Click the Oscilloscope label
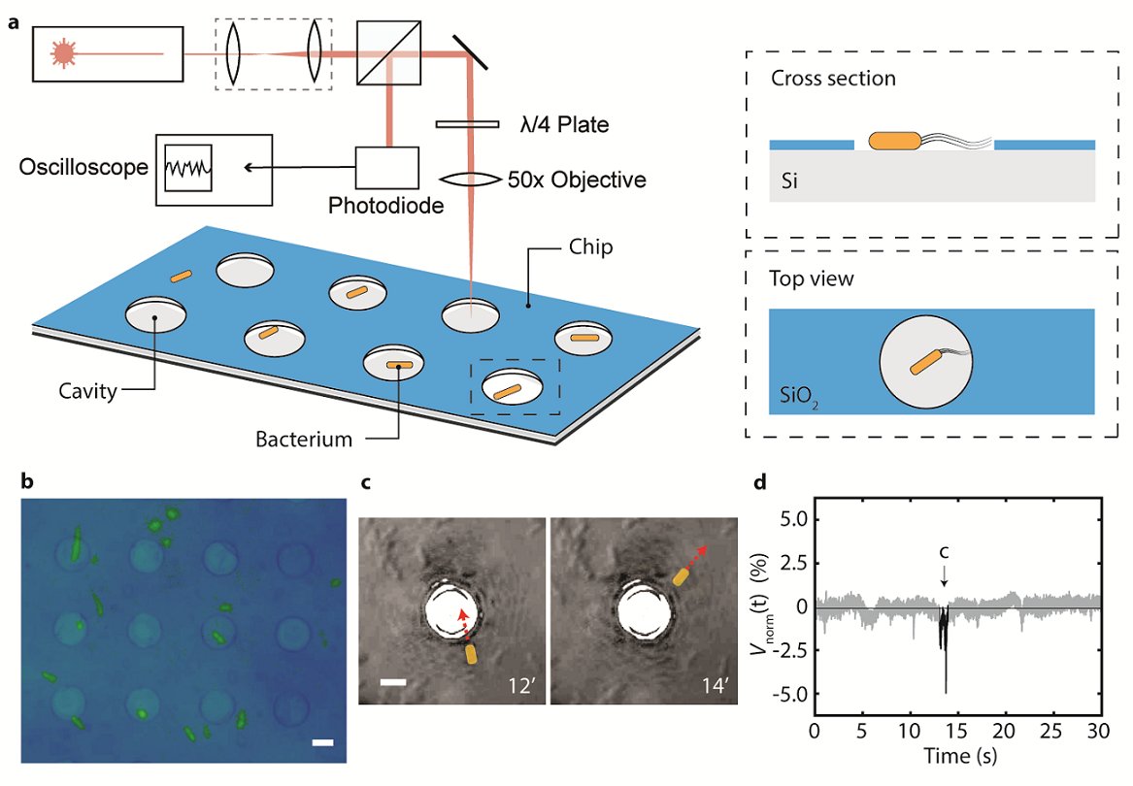83,167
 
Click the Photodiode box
386,169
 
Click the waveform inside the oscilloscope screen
186,168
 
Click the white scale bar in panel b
324,743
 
